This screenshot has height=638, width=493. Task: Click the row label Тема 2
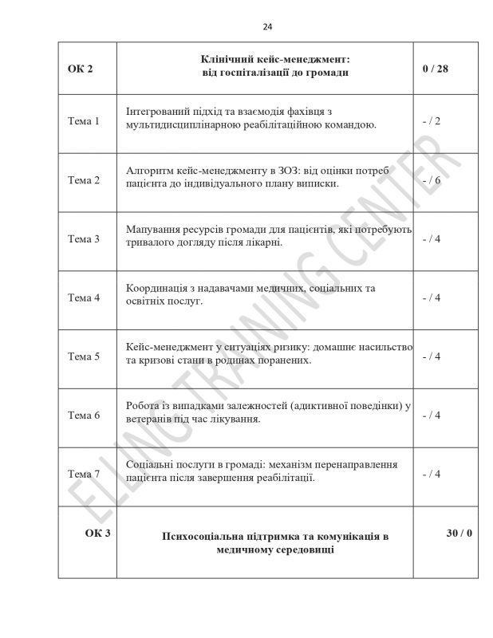coord(84,180)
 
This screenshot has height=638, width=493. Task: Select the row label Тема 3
coord(84,238)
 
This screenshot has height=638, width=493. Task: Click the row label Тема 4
coord(84,297)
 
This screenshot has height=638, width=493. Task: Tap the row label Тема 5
coord(84,356)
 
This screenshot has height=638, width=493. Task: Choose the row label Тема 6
coord(84,415)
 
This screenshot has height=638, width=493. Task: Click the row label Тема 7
coord(84,474)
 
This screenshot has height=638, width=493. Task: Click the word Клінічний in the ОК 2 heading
coord(229,60)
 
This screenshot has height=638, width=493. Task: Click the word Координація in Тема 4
coord(157,288)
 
